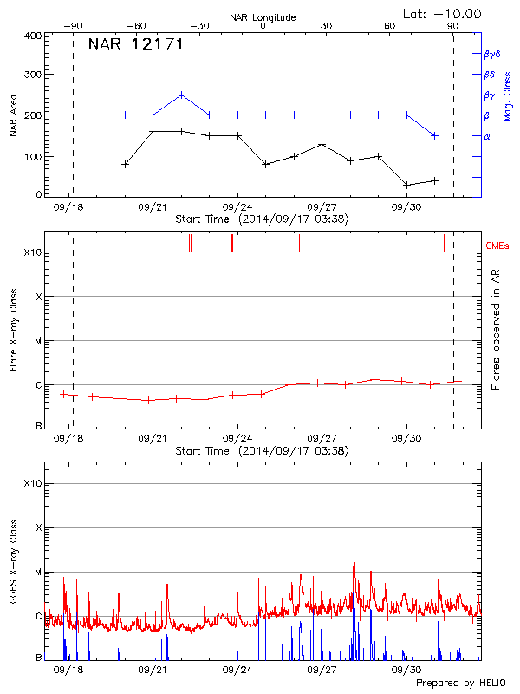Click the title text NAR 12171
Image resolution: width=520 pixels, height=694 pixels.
coord(136,44)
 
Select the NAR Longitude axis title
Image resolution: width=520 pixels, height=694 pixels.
coord(263,17)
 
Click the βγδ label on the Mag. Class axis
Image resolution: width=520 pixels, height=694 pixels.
coord(492,54)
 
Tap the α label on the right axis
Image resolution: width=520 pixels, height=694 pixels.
coord(486,136)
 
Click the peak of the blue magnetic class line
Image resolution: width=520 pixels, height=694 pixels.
coord(181,95)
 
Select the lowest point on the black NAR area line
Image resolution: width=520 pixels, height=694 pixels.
coord(406,185)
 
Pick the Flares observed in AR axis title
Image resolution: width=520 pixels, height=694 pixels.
coord(496,330)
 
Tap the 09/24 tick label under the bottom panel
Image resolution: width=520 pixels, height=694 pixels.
coord(237,671)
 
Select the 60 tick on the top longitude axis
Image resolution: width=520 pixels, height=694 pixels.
coord(389,26)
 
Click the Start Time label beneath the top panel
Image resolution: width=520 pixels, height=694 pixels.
coord(262,219)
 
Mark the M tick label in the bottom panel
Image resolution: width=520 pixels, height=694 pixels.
coord(37,573)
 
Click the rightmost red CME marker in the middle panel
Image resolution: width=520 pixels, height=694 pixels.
coord(444,242)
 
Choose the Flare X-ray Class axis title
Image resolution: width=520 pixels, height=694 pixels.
coord(14,331)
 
